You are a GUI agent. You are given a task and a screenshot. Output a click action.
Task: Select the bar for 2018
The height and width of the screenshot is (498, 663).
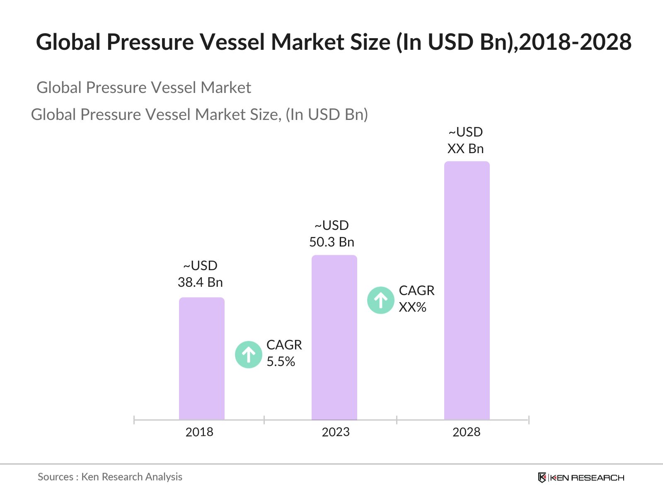tap(201, 359)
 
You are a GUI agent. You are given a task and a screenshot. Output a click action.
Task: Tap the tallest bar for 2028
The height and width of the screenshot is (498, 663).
tap(467, 290)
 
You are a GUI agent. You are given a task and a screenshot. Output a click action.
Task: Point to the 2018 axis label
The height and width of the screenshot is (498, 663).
tap(199, 432)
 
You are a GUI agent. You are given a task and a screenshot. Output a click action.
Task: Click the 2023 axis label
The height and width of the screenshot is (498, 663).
tap(336, 432)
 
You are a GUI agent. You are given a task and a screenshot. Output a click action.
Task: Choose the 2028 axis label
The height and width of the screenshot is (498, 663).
tap(466, 432)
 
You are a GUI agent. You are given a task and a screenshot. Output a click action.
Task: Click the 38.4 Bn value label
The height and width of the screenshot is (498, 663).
tap(200, 282)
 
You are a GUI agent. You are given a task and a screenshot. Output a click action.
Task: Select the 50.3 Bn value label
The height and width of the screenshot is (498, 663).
tap(331, 242)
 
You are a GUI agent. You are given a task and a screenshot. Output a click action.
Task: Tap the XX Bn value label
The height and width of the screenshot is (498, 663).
tap(465, 149)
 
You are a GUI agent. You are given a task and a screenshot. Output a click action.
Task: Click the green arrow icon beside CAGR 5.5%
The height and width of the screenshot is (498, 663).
tap(249, 354)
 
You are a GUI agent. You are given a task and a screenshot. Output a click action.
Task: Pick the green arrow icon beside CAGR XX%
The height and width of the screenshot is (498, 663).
tap(380, 300)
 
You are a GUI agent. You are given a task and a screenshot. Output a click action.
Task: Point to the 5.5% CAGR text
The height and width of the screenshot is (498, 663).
tap(281, 361)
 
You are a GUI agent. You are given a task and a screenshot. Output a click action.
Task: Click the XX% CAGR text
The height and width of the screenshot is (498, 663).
tap(413, 307)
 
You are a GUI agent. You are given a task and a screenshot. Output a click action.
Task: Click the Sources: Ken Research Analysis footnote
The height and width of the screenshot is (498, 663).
tap(110, 477)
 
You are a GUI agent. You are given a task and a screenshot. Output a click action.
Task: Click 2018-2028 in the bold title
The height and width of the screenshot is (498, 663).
tap(575, 42)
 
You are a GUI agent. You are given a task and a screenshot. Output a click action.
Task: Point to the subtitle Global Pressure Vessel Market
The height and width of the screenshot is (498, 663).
tap(144, 88)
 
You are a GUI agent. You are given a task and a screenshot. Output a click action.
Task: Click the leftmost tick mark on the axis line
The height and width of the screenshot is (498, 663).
tap(134, 420)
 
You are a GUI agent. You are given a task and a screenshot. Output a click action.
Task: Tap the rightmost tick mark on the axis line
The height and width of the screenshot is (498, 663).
tap(529, 420)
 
